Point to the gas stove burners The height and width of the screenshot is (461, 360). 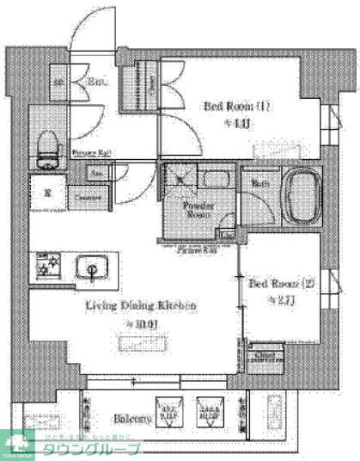tap(45, 266)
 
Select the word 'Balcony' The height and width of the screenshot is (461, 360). tap(132, 420)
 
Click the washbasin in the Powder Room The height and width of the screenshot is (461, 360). tap(212, 181)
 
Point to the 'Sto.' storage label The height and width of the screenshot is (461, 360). tap(99, 172)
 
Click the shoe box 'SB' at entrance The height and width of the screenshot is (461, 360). tap(59, 83)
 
